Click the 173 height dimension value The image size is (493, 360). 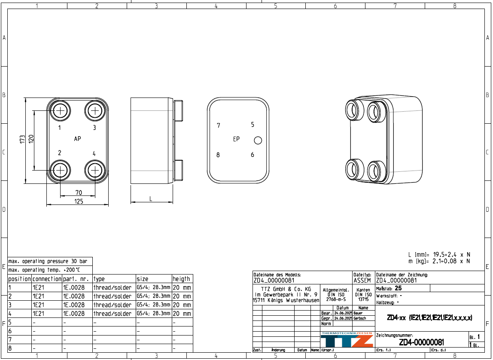[22, 139]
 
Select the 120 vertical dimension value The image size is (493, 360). [31, 139]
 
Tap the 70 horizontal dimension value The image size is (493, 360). [79, 192]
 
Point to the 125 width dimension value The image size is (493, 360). [79, 201]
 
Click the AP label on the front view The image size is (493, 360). [77, 139]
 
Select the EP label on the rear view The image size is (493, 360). [236, 139]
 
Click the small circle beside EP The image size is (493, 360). [258, 140]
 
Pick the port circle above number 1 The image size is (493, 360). [60, 111]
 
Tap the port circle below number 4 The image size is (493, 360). [94, 171]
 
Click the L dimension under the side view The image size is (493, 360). [151, 198]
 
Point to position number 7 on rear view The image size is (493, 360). [219, 125]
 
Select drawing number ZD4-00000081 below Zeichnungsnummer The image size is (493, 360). [421, 342]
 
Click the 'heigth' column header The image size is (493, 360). [181, 279]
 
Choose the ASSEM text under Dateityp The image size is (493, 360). [362, 281]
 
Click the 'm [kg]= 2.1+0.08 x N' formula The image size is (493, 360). [439, 261]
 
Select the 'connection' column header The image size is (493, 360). [47, 279]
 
